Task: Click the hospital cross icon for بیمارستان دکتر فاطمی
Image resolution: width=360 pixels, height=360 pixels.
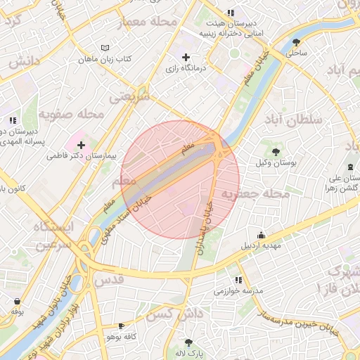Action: click(81, 144)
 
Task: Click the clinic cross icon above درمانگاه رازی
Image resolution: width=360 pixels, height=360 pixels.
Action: click(186, 57)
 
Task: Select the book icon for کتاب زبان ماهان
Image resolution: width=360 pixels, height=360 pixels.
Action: click(105, 48)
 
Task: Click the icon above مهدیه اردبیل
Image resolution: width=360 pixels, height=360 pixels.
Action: click(262, 236)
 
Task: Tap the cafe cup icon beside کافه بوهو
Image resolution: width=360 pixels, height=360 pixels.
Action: click(121, 326)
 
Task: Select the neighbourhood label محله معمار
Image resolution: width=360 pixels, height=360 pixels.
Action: click(149, 22)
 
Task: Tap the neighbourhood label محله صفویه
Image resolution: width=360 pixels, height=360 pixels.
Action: click(71, 113)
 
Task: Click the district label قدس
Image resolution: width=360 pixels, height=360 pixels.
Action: click(112, 279)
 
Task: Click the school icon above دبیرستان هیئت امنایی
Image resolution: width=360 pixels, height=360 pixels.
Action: click(231, 13)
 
